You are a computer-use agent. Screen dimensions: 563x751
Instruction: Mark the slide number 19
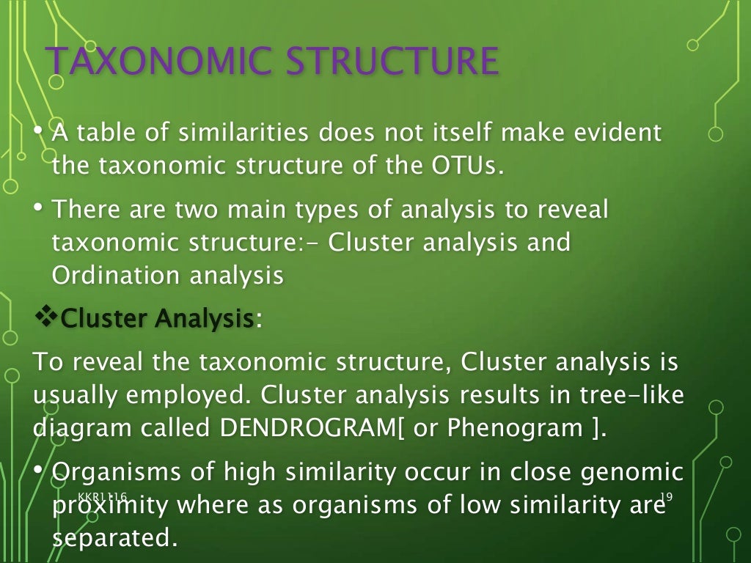pyautogui.click(x=667, y=497)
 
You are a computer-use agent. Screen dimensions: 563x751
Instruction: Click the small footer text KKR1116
pyautogui.click(x=102, y=497)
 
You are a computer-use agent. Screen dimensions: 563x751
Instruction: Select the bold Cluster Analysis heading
pyautogui.click(x=157, y=319)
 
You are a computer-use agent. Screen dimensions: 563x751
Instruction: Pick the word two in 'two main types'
pyautogui.click(x=197, y=210)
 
